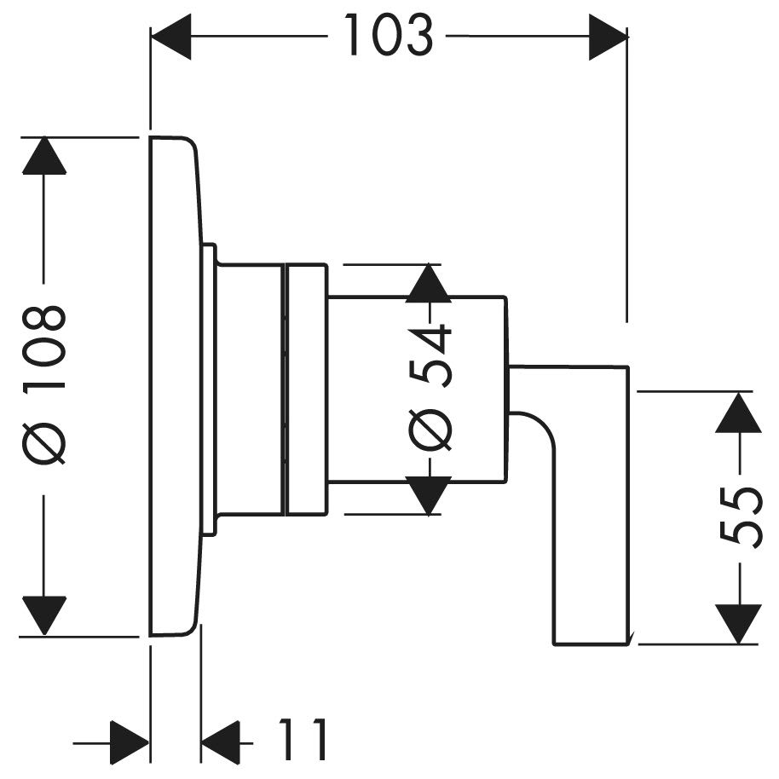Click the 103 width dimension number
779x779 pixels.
pos(389,35)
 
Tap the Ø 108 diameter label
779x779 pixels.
pos(43,385)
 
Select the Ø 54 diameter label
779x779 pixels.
pos(430,388)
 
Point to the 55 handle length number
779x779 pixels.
pos(740,516)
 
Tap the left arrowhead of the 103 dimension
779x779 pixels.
pos(171,37)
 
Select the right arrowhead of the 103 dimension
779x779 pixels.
pos(608,37)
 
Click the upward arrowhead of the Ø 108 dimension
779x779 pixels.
pos(44,155)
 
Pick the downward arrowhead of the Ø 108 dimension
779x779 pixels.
pos(44,615)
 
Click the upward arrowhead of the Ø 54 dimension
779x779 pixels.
pos(428,283)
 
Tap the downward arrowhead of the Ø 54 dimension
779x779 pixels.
pos(428,495)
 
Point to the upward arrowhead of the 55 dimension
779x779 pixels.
pos(739,412)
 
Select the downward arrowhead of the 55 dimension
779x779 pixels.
pos(739,624)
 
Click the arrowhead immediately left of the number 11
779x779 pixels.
pos(220,743)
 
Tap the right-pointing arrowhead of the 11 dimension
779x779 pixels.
pos(130,743)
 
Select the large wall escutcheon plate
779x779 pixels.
pos(176,385)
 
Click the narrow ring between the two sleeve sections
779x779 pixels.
pos(284,389)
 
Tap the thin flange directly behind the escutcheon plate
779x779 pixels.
pos(209,389)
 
